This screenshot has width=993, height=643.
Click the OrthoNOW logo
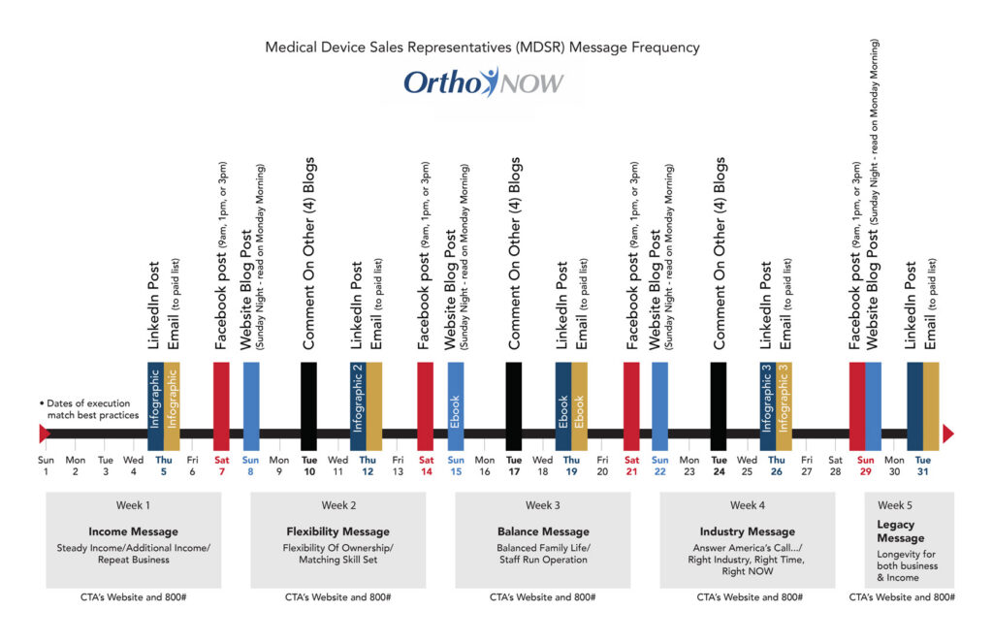tap(483, 82)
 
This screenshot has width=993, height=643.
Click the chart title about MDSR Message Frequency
tap(482, 48)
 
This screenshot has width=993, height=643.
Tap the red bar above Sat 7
tap(221, 406)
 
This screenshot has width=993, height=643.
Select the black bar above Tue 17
tap(514, 406)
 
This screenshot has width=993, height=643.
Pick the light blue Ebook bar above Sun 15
tap(456, 406)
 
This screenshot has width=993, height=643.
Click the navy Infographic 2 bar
tap(358, 406)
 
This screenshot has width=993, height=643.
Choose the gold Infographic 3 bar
tap(784, 406)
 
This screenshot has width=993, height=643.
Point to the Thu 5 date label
tap(163, 466)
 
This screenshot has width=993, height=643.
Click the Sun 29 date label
tap(865, 466)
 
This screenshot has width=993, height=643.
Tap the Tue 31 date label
tap(923, 466)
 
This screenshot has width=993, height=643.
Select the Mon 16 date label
tap(485, 466)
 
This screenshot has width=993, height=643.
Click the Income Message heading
tap(133, 531)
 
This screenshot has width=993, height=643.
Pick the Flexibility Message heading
tap(337, 531)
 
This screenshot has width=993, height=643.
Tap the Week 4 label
tap(748, 505)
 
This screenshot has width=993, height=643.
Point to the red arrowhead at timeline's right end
tap(948, 434)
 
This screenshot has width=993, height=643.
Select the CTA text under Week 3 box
tap(542, 596)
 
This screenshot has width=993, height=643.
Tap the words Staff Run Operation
tap(543, 560)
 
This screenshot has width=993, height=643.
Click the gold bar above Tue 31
tap(931, 406)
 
